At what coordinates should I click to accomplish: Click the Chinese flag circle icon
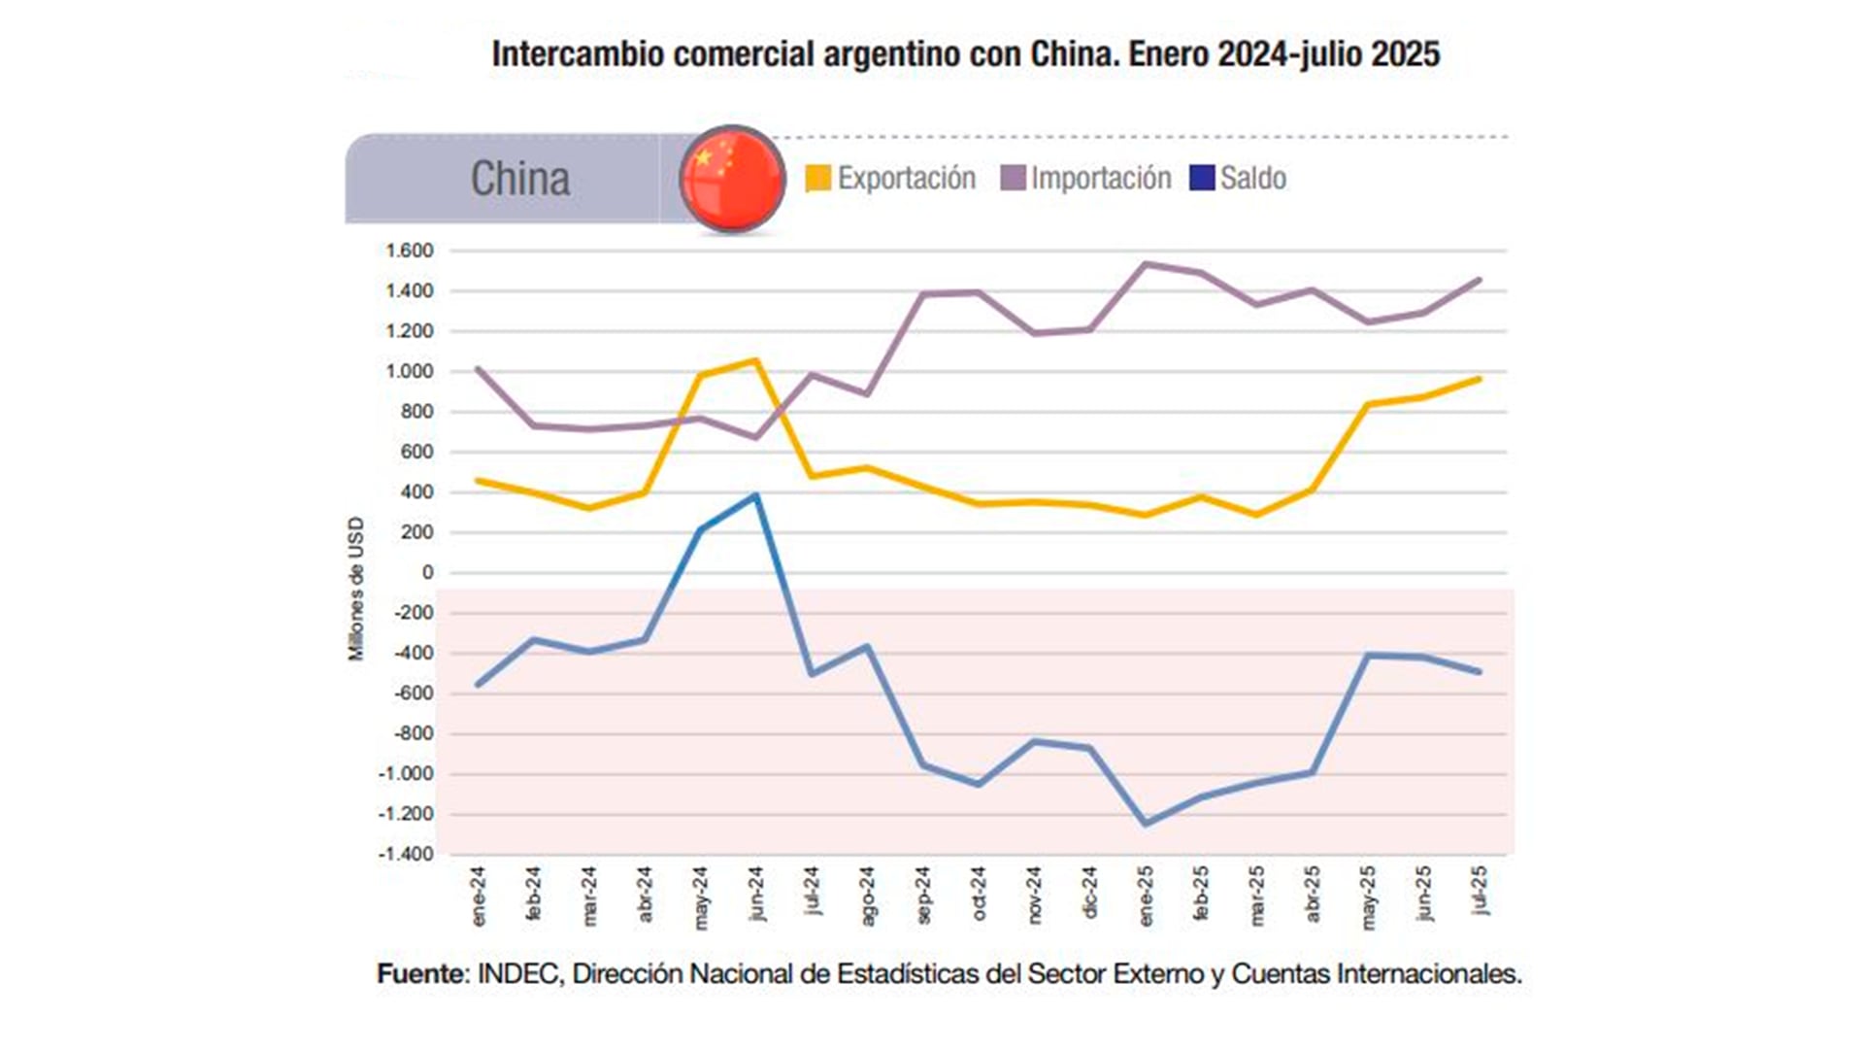[x=732, y=179]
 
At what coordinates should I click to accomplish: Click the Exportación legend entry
[x=891, y=179]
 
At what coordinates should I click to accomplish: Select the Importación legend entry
[x=1086, y=179]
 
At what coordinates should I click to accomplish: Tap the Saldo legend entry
[x=1239, y=179]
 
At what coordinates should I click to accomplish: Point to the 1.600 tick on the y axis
[x=409, y=252]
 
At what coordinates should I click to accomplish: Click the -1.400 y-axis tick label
[x=406, y=855]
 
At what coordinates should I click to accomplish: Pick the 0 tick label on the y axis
[x=427, y=573]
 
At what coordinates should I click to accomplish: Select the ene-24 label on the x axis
[x=479, y=897]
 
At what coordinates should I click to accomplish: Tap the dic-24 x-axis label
[x=1089, y=893]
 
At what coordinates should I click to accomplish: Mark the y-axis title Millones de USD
[x=356, y=589]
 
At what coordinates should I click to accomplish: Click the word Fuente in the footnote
[x=422, y=974]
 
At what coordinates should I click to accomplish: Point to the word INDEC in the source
[x=518, y=974]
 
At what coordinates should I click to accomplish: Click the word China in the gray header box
[x=520, y=179]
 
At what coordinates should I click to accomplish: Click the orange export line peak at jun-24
[x=756, y=361]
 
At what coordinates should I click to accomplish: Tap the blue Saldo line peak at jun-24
[x=756, y=495]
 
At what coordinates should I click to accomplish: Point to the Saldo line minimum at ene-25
[x=1147, y=824]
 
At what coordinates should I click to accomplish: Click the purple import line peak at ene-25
[x=1146, y=263]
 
